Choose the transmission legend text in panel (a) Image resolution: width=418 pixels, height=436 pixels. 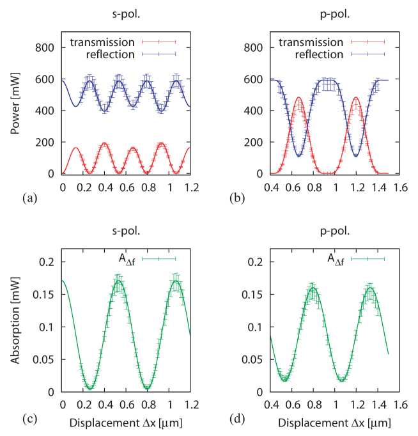click(x=102, y=43)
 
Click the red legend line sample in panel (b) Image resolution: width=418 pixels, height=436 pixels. click(x=368, y=43)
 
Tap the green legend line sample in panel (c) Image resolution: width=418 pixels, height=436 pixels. click(x=159, y=259)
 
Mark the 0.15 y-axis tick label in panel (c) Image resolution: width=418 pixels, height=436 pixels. click(x=46, y=295)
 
